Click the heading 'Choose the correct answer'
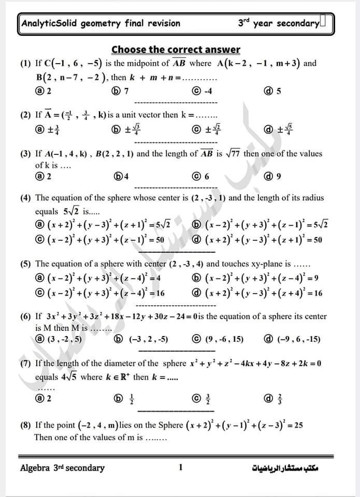(176, 50)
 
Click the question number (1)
(25, 64)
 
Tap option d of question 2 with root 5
(278, 129)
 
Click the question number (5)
(25, 264)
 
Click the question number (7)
(25, 363)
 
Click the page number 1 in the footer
(180, 467)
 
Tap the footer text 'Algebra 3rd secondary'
(62, 468)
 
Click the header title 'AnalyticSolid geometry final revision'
(102, 23)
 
